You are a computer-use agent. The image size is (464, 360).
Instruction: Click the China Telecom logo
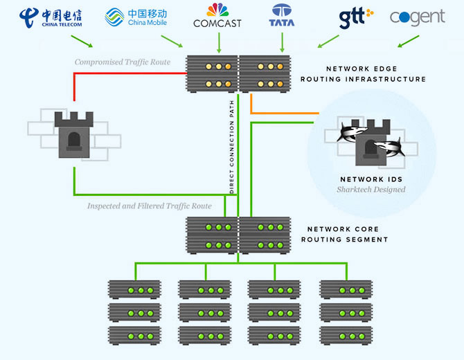(x=51, y=18)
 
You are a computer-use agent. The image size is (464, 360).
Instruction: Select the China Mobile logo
(x=136, y=17)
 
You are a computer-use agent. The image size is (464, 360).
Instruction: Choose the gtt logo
(x=356, y=18)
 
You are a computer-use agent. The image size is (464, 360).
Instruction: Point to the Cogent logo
(x=417, y=17)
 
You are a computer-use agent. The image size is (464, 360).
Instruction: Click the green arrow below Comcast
(x=219, y=43)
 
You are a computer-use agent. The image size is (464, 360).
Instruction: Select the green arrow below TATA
(x=282, y=43)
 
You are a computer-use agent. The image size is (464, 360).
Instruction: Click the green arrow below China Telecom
(x=82, y=42)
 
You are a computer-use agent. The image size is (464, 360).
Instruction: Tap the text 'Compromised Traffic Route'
(x=123, y=62)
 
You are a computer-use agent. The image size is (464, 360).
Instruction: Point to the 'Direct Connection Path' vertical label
(x=232, y=147)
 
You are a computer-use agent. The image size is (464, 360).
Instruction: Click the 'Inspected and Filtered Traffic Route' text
(x=150, y=206)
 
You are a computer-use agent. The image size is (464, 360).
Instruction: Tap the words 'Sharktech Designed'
(x=371, y=189)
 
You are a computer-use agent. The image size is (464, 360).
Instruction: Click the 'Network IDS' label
(x=371, y=179)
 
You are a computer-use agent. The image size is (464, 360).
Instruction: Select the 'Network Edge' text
(x=362, y=69)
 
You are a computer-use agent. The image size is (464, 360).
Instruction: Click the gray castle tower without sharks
(x=74, y=134)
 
